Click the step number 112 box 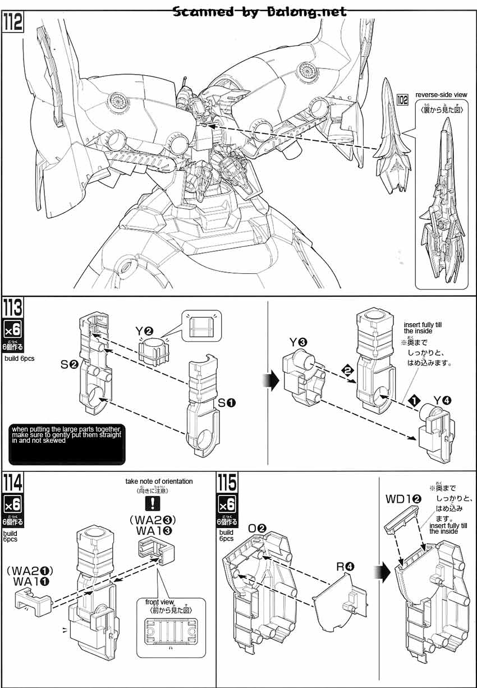(14, 22)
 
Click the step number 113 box (14, 308)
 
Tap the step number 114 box (14, 483)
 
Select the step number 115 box (227, 483)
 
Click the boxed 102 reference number (402, 100)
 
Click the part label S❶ (227, 402)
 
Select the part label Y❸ (298, 342)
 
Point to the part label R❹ (345, 566)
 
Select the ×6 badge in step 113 (13, 329)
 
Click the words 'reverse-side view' (441, 95)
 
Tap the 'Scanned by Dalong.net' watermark (259, 12)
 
